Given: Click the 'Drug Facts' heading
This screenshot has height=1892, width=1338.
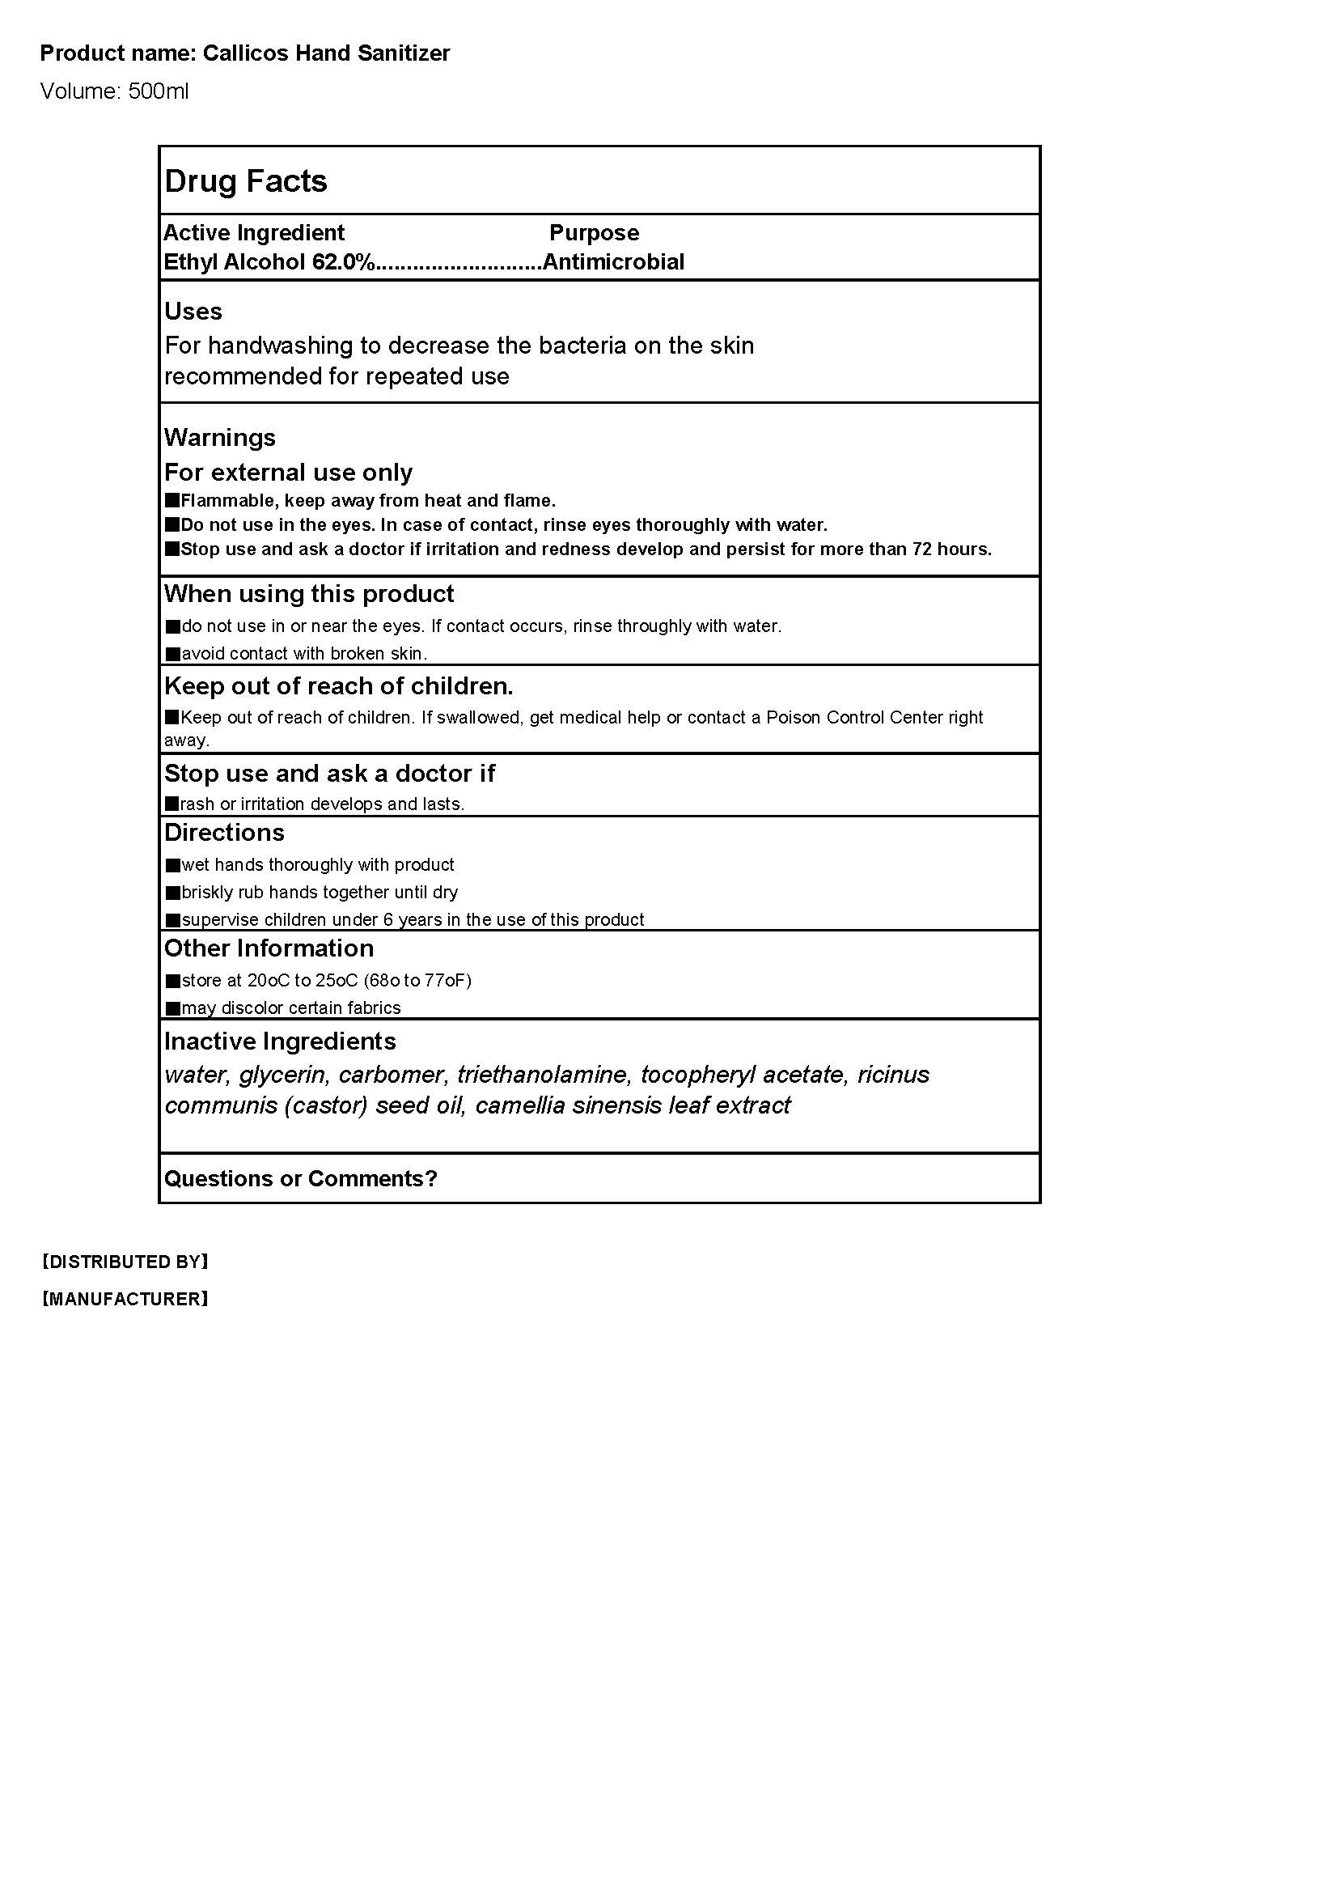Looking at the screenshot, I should pos(246,181).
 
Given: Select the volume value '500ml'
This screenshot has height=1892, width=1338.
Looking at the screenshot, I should pos(159,91).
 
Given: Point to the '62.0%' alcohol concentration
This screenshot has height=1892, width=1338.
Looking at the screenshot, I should pos(344,262).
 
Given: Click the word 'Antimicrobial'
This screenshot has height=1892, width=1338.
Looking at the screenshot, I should pos(614,262).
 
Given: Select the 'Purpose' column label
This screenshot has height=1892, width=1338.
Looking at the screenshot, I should pos(594,233).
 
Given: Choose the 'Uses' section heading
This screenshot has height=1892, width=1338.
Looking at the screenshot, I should pos(193,312).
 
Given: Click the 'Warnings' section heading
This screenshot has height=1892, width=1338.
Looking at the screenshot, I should pos(220,438).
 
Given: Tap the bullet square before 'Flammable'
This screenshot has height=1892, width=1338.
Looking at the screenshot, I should pos(172,500).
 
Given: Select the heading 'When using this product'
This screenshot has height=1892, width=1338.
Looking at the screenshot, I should pos(309,594).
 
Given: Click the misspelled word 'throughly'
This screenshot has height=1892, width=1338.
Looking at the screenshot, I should pos(650,626).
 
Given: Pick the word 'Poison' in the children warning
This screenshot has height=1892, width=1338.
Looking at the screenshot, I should pos(794,718).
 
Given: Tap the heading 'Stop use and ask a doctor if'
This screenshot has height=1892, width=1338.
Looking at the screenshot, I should pos(329,774).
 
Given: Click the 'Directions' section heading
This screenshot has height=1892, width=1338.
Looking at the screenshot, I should pos(224,833).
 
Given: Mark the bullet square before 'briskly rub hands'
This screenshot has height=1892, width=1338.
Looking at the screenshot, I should pos(173,893).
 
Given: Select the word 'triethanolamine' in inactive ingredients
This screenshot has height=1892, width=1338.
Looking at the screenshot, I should pos(542,1075).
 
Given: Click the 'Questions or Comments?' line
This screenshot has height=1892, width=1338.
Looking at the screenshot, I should pos(301,1179).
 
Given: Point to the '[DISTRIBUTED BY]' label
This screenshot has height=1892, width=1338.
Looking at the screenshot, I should pos(125,1262).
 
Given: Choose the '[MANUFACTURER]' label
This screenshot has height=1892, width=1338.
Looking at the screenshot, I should pos(125,1300).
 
